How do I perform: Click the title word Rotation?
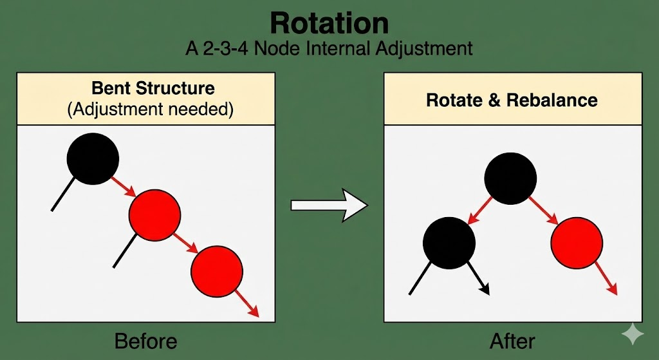(x=329, y=23)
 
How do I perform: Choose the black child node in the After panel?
(x=449, y=242)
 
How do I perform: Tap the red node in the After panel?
(x=577, y=242)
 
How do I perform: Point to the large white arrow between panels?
(x=329, y=205)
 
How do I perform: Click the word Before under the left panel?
(x=145, y=340)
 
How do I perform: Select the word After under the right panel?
(x=512, y=340)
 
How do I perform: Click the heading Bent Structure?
(x=153, y=88)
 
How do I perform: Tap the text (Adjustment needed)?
(x=150, y=109)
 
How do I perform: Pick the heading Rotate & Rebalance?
(x=512, y=100)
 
